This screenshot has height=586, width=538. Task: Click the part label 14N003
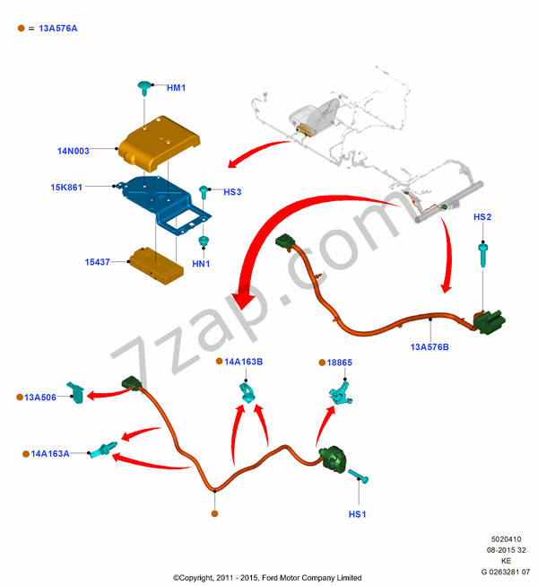(x=73, y=151)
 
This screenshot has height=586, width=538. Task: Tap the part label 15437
(x=98, y=262)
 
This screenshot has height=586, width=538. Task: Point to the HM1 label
(x=176, y=88)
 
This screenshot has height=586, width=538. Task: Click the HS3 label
(x=232, y=192)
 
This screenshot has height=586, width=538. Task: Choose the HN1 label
(x=202, y=264)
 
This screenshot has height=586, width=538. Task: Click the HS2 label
(x=482, y=217)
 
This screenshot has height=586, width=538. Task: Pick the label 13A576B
(x=430, y=345)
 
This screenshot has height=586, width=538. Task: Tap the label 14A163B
(x=243, y=362)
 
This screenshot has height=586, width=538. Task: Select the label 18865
(x=340, y=362)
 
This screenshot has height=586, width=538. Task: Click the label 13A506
(x=41, y=397)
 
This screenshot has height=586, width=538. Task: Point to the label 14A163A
(x=51, y=454)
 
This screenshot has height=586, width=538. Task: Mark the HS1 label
(x=358, y=514)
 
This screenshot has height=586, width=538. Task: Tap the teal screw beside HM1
(x=143, y=87)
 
